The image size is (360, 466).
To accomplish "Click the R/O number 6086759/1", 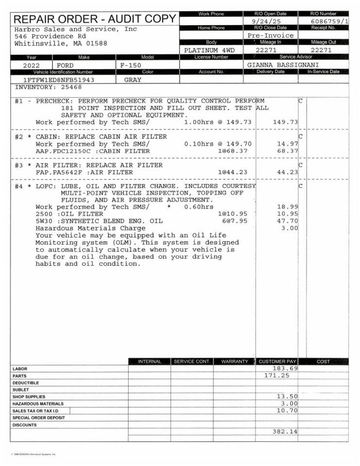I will tap(329, 22).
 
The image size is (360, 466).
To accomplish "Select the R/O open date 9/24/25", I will tap(269, 22).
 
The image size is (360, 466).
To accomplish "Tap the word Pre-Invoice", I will tap(271, 35).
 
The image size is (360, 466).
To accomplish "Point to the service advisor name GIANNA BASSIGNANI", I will tap(283, 65).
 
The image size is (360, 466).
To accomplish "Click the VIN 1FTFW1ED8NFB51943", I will tap(59, 80).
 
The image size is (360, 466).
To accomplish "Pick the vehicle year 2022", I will tap(32, 65).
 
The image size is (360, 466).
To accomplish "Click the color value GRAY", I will tap(133, 80).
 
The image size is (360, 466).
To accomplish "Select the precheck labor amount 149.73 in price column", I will tap(285, 122).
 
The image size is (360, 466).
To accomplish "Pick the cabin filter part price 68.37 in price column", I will tap(287, 151).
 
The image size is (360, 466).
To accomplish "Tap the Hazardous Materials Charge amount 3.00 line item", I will tap(290, 228).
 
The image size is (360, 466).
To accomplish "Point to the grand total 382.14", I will tap(285, 431).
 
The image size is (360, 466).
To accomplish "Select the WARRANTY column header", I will tap(234, 362).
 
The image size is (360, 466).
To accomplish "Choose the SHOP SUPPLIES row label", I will tap(29, 397).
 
